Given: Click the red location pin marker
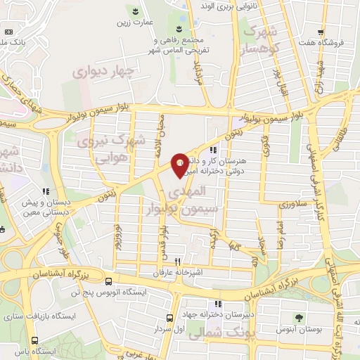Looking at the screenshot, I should [x=180, y=164].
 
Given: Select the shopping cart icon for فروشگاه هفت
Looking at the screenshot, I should [x=321, y=32].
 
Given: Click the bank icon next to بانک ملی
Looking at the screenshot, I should [x=8, y=32].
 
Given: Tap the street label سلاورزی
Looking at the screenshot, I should [x=290, y=205].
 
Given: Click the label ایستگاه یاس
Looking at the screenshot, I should [x=30, y=351].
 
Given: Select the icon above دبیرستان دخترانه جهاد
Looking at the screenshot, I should [x=218, y=304].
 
